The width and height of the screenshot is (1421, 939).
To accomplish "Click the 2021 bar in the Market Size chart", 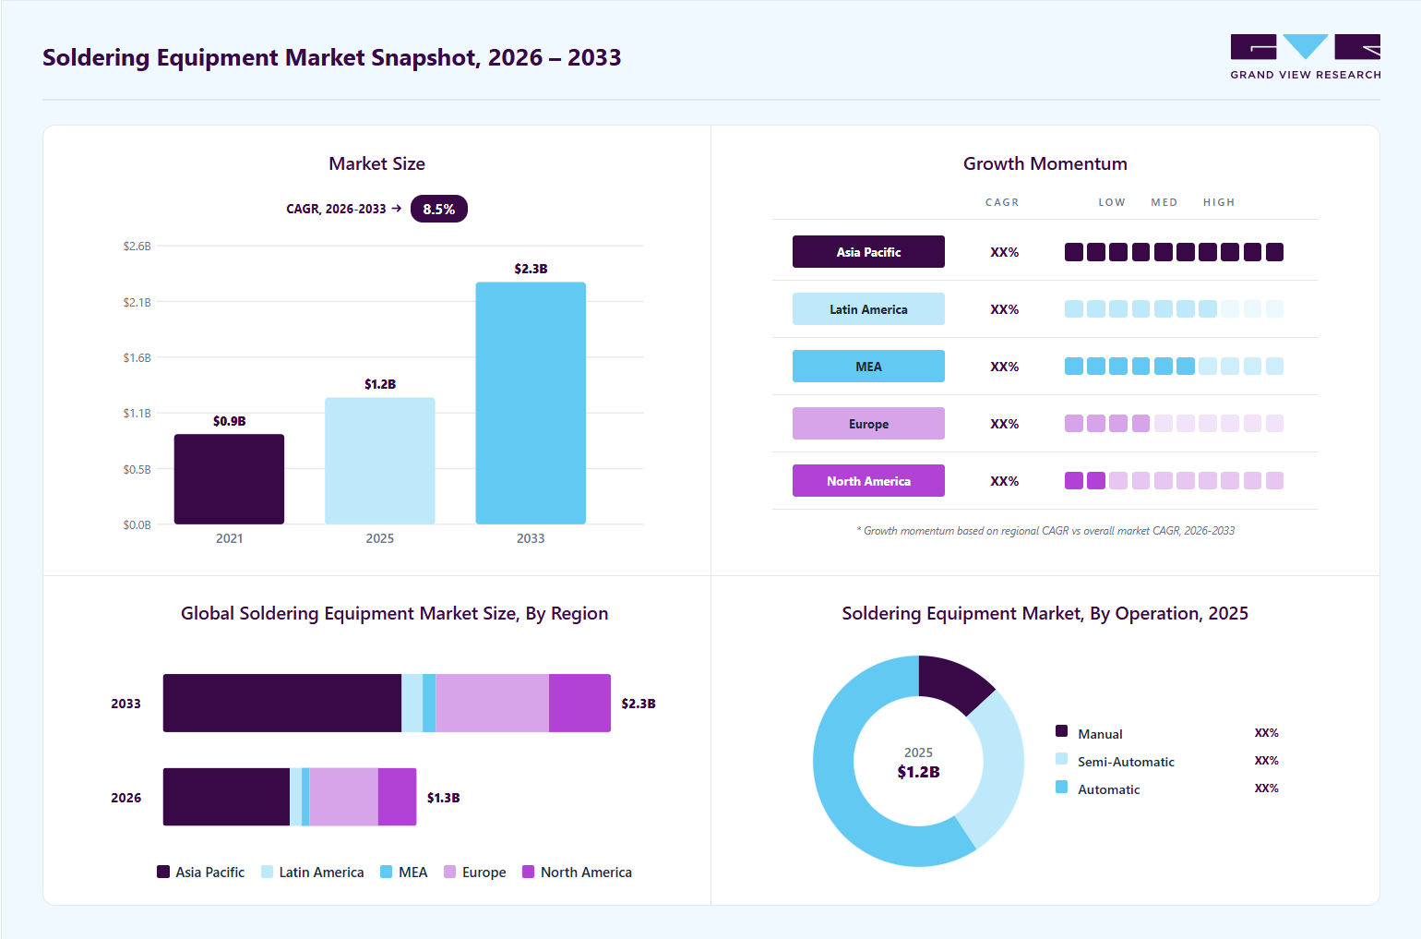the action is tap(229, 478).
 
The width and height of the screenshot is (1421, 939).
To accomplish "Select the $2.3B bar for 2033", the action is tap(531, 403).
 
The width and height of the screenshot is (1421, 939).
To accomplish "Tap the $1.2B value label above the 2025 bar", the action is tap(380, 384).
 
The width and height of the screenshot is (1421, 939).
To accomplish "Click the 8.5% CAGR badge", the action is tap(439, 209).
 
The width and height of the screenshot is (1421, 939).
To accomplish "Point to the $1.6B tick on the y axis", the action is tap(137, 357).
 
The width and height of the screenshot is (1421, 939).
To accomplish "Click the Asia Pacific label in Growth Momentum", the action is tap(868, 252).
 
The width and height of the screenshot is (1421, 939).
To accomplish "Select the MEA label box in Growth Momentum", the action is tap(868, 367).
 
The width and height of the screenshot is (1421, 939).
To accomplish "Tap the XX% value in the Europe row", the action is tap(1004, 424).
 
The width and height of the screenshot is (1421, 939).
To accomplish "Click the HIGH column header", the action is tap(1219, 202).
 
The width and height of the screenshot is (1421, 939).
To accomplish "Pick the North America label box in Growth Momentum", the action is tap(868, 481).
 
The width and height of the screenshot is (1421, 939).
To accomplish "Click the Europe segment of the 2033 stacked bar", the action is tap(493, 703).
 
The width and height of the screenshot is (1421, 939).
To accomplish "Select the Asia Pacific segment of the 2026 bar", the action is tap(226, 797).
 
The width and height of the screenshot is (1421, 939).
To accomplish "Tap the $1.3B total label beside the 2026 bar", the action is tap(444, 798).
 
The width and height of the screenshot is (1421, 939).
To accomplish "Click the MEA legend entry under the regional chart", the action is tap(404, 872).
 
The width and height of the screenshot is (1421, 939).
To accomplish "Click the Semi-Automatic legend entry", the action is tap(1115, 761).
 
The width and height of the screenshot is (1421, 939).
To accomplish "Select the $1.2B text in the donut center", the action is tap(919, 772).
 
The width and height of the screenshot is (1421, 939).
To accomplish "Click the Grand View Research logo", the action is tap(1306, 56).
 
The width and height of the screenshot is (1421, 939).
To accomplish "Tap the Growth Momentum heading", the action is tap(1045, 163).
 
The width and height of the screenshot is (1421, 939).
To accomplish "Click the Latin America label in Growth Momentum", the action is tap(868, 309).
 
